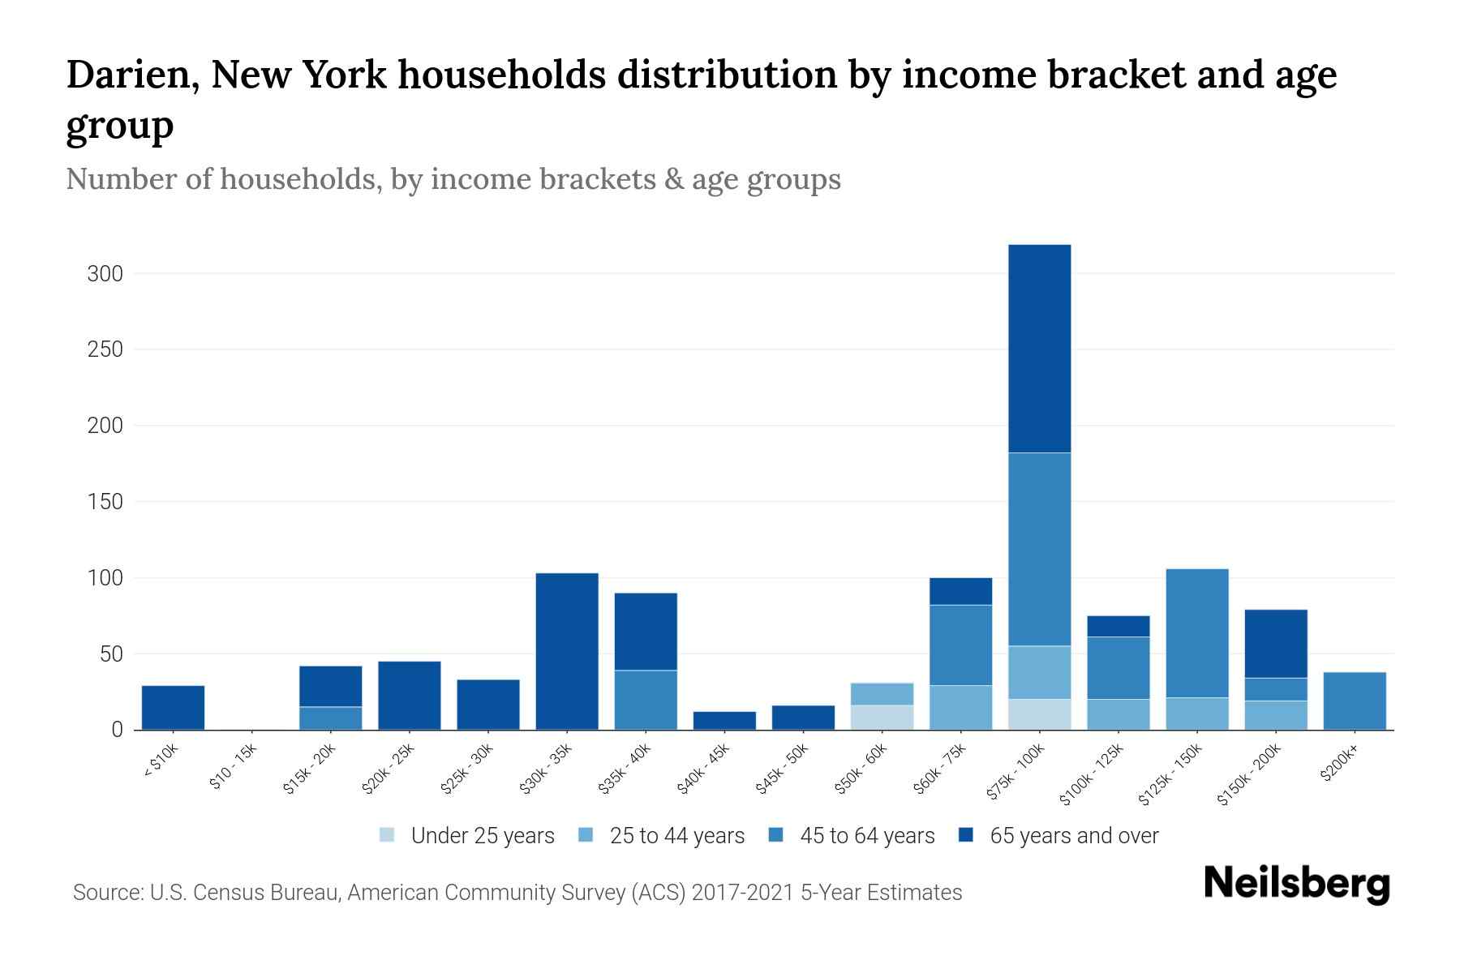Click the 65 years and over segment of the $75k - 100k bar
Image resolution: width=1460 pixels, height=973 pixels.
[x=1039, y=349]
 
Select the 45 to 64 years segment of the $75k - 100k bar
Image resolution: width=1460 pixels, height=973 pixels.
[x=1039, y=549]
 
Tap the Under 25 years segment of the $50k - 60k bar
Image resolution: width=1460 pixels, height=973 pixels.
[x=882, y=718]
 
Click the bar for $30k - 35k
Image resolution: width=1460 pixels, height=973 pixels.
[x=567, y=651]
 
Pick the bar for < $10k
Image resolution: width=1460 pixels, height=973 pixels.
[x=173, y=708]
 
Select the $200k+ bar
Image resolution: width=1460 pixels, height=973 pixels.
[x=1354, y=701]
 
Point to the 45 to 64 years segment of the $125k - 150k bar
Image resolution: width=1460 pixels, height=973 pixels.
[x=1196, y=632]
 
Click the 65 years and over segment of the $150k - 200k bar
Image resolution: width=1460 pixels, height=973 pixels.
[x=1275, y=644]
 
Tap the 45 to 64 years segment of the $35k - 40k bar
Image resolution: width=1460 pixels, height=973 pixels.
[x=646, y=700]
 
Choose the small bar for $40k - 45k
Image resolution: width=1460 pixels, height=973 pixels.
[x=724, y=721]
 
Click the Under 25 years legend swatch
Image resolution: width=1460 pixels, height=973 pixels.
[x=388, y=835]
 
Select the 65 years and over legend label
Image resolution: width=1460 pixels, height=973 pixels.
[x=1074, y=836]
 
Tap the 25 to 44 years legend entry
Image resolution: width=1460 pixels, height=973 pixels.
[x=676, y=836]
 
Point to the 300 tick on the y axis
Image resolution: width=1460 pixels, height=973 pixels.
[x=105, y=274]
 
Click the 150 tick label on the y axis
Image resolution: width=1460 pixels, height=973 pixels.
[x=105, y=502]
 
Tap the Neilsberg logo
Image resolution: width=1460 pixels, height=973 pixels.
[x=1296, y=884]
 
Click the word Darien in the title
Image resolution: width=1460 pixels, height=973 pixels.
[x=132, y=75]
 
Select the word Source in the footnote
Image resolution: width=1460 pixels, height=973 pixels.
[x=106, y=893]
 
